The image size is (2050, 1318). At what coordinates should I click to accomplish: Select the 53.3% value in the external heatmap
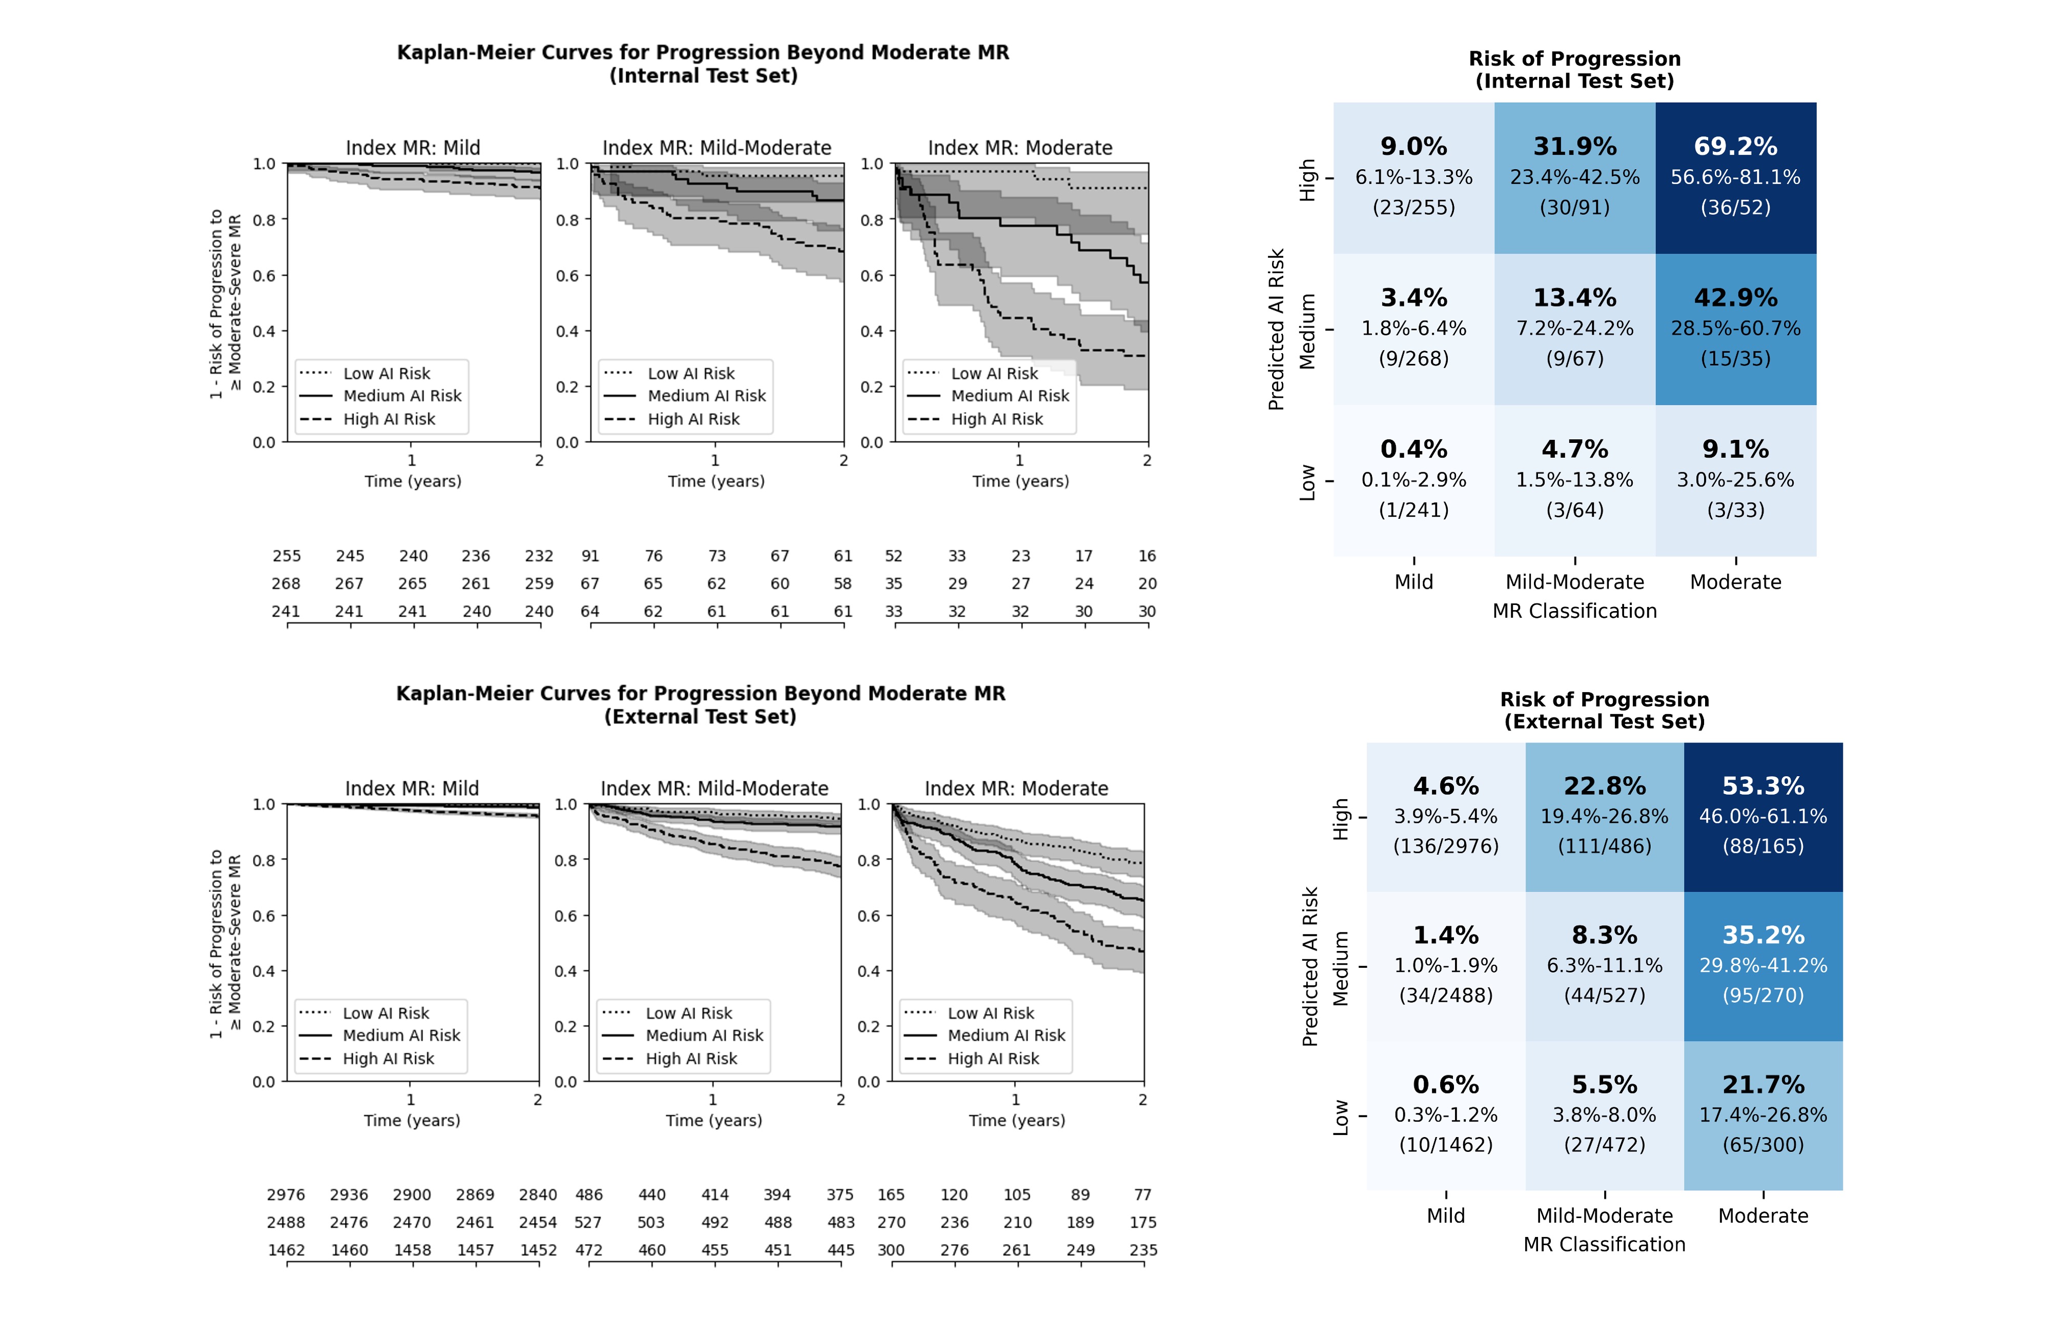(x=1762, y=786)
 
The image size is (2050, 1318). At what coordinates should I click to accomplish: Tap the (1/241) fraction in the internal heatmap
(x=1413, y=510)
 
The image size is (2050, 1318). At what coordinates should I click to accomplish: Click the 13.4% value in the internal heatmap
(x=1574, y=298)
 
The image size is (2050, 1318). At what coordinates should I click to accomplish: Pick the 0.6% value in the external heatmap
(x=1445, y=1084)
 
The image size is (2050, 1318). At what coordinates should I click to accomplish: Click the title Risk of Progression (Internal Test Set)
(x=1574, y=69)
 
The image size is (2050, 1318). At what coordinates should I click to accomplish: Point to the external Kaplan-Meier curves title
(x=701, y=704)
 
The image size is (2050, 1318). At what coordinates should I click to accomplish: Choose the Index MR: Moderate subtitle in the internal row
(x=1020, y=148)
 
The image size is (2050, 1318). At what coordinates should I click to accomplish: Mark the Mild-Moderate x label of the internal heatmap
(x=1574, y=582)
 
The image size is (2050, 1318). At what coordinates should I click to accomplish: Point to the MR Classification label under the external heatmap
(x=1604, y=1244)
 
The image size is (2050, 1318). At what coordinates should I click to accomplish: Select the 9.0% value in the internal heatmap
(x=1413, y=146)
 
